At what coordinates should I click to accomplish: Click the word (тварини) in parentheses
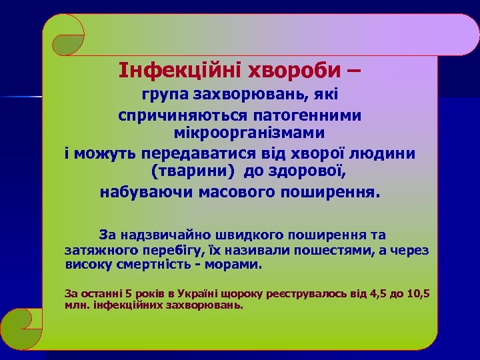pyautogui.click(x=191, y=173)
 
